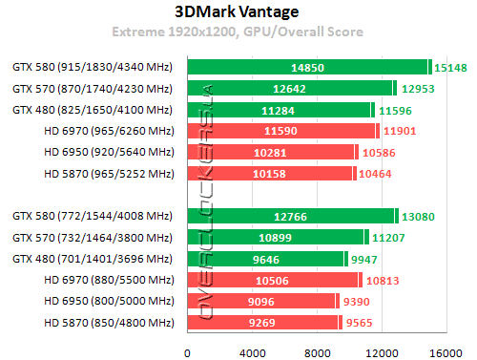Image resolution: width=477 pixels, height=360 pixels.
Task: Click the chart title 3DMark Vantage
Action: (238, 12)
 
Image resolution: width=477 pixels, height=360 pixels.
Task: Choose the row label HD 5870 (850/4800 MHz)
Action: (107, 323)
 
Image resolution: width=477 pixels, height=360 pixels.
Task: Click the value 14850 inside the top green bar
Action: (307, 67)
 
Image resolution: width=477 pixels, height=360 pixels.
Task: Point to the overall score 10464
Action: (375, 173)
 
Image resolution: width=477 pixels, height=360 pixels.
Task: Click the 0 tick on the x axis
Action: (188, 352)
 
